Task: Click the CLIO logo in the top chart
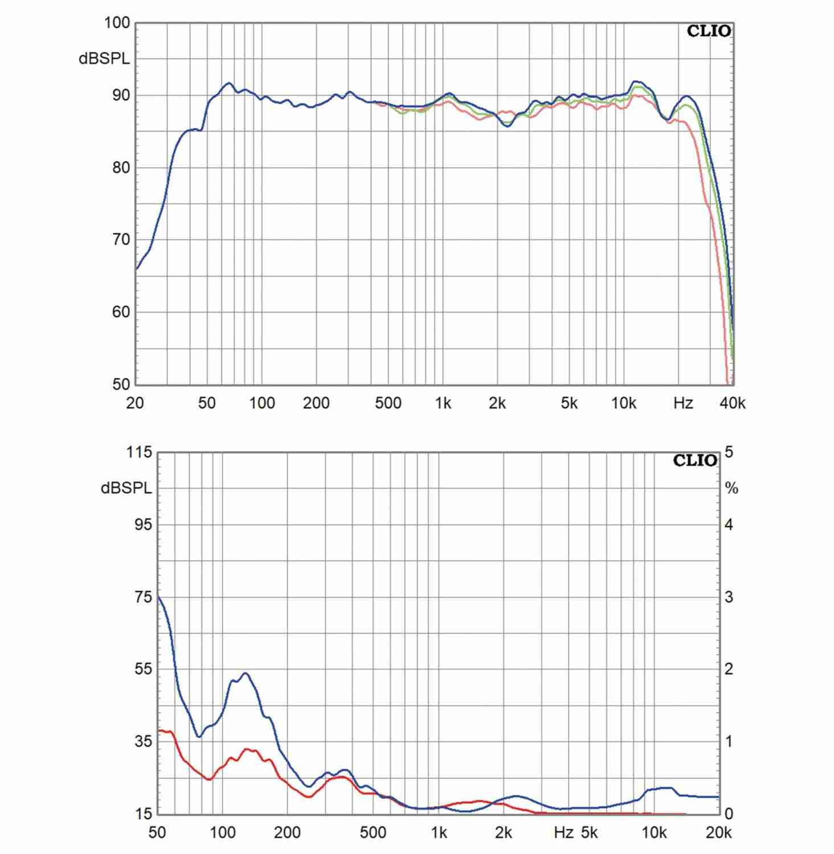click(709, 31)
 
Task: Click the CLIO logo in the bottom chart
click(695, 461)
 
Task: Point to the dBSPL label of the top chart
click(104, 59)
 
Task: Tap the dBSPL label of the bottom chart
click(126, 488)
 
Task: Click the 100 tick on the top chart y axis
click(117, 23)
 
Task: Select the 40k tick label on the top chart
click(732, 403)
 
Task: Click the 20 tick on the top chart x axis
click(135, 403)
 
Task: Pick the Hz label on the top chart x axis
click(683, 403)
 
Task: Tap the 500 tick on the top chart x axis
click(388, 403)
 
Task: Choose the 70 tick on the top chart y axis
click(121, 240)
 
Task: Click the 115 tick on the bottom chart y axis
click(139, 453)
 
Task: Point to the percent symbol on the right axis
click(731, 488)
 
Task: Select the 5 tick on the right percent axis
click(729, 453)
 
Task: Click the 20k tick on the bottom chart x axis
click(718, 833)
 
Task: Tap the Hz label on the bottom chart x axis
click(563, 833)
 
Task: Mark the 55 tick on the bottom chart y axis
click(143, 669)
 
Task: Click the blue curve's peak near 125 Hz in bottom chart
click(246, 674)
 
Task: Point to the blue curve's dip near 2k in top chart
click(508, 126)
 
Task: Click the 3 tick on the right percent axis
click(729, 597)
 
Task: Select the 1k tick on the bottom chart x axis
click(438, 833)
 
